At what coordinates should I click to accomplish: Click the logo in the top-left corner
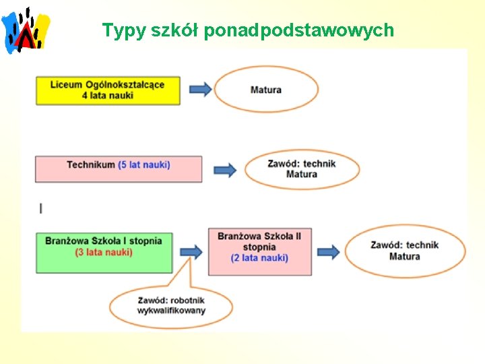[x=27, y=30]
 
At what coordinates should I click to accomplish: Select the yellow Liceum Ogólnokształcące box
[x=108, y=90]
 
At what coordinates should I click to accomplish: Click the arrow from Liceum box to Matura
[x=201, y=90]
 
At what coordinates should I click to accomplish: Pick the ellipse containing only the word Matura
[x=266, y=90]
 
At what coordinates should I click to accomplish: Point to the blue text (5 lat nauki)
[x=143, y=164]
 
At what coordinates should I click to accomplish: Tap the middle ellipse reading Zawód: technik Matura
[x=302, y=169]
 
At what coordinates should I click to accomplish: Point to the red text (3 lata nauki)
[x=104, y=252]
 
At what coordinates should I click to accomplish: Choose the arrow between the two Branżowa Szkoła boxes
[x=191, y=251]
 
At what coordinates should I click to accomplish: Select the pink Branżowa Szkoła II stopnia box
[x=259, y=251]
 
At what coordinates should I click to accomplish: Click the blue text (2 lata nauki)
[x=259, y=257]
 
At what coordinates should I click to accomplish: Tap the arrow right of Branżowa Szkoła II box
[x=329, y=251]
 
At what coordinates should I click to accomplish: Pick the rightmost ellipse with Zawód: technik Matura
[x=405, y=251]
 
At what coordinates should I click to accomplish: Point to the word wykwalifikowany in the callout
[x=172, y=311]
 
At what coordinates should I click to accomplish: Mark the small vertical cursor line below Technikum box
[x=41, y=208]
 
